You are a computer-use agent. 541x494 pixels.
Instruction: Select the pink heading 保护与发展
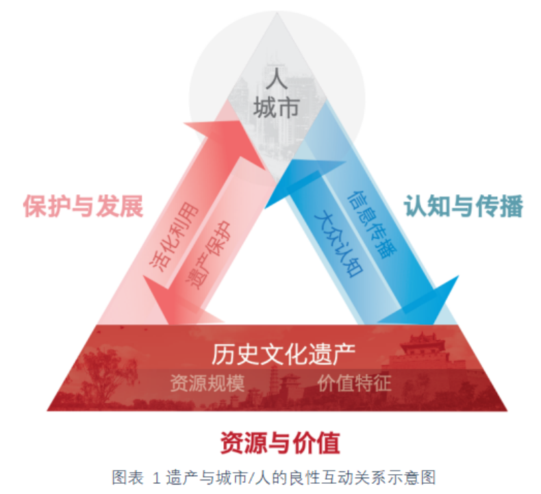point(83,206)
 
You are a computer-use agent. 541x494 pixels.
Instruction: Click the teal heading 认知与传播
point(463,206)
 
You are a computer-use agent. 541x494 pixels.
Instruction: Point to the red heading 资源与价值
point(279,441)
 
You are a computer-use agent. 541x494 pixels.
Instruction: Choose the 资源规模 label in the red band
point(207,382)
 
